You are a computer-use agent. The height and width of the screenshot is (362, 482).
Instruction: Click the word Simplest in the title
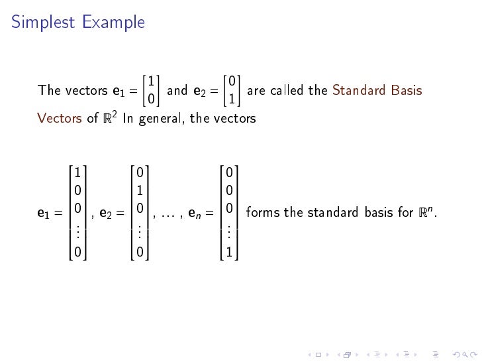(44, 23)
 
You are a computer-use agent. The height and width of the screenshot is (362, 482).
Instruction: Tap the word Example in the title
(114, 23)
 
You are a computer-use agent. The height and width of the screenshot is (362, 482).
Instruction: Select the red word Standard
(361, 91)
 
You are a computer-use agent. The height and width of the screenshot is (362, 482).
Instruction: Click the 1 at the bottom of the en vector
(228, 253)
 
